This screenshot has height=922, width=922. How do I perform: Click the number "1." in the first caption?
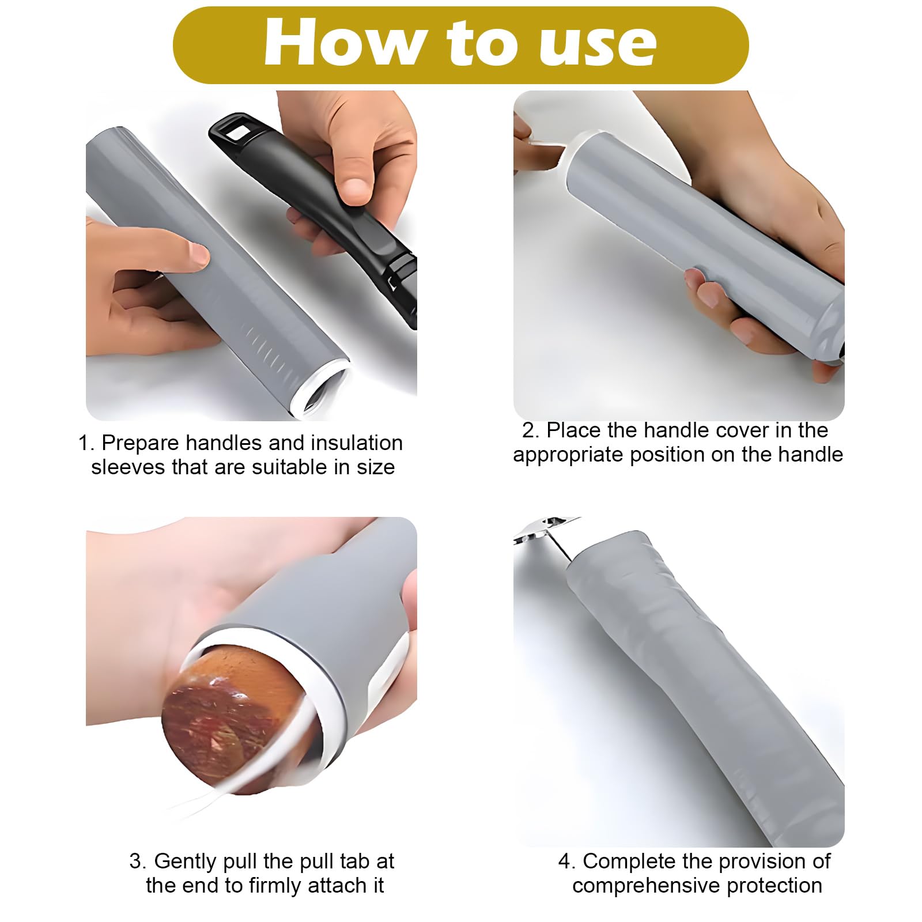pos(87,443)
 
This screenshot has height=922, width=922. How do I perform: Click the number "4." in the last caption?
pos(566,861)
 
